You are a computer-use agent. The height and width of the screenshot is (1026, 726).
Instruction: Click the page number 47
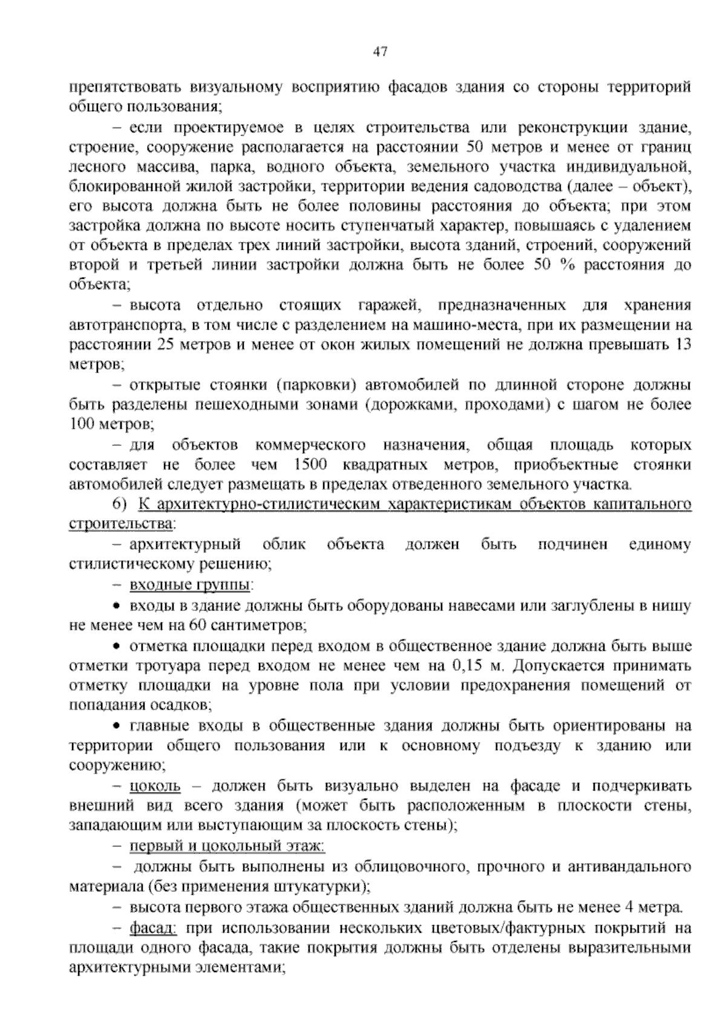[x=380, y=52]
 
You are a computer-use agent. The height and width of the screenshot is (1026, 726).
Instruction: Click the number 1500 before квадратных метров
[x=309, y=465]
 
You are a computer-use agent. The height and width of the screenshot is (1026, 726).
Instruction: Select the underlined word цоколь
[x=155, y=786]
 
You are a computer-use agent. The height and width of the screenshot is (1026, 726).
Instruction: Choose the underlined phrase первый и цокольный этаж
[x=227, y=846]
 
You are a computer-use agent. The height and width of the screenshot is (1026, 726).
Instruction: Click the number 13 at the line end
[x=684, y=345]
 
